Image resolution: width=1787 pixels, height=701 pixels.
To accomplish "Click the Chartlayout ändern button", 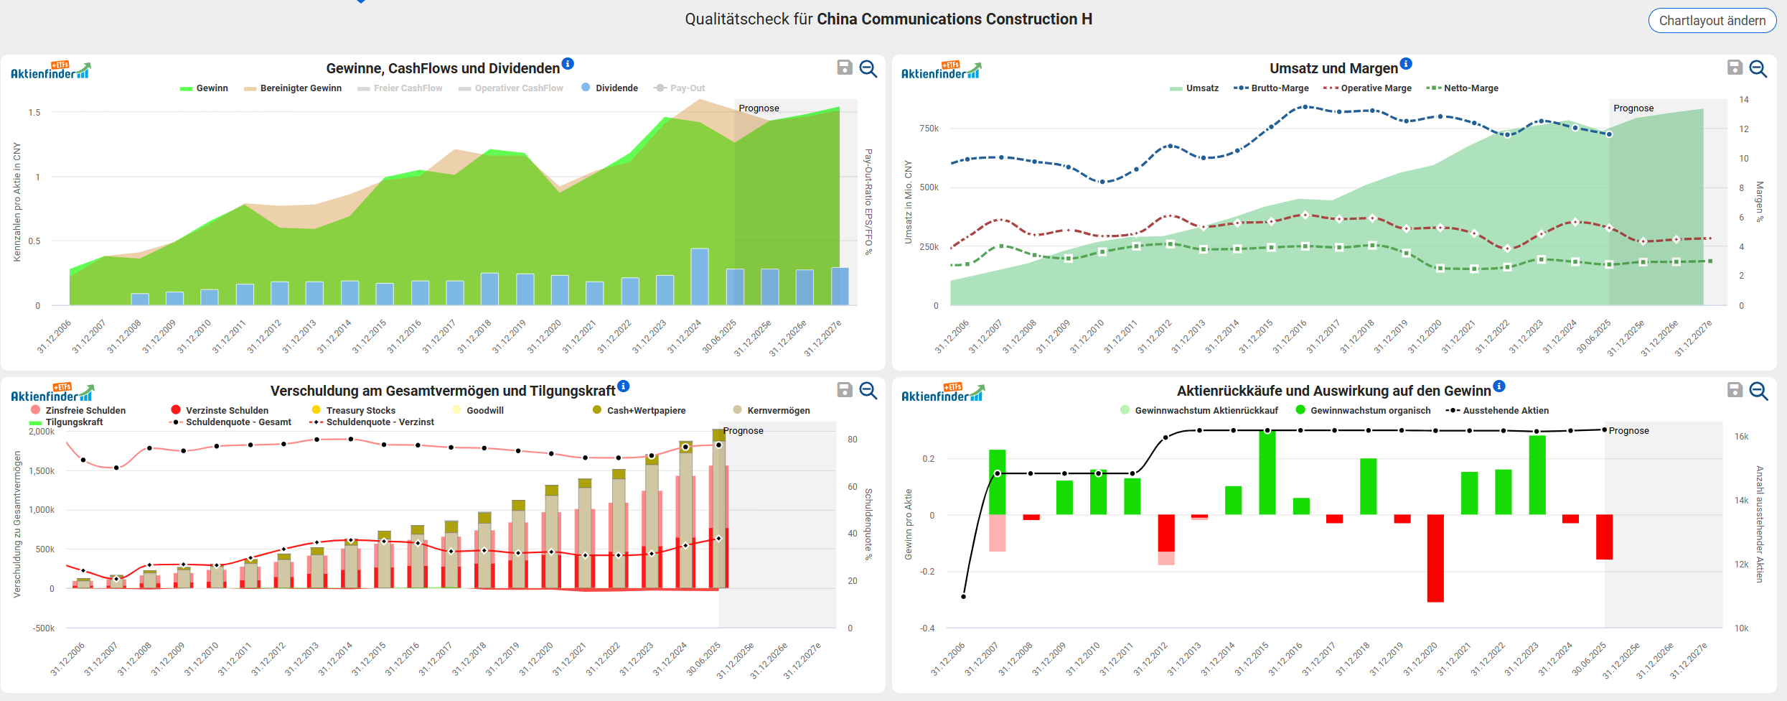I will (1712, 21).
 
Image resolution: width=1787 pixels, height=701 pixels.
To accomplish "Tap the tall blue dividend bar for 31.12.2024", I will (700, 277).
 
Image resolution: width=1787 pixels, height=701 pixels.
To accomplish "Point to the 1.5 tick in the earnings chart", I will (34, 113).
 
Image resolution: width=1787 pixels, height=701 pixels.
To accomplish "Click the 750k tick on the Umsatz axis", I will (929, 129).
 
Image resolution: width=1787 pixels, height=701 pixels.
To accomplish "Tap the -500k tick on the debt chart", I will (43, 628).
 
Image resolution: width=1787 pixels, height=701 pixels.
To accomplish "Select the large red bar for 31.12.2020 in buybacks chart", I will (1435, 557).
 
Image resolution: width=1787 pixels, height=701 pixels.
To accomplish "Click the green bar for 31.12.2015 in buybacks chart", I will (1267, 473).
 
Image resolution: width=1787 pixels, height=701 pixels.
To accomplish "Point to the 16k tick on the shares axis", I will (1741, 437).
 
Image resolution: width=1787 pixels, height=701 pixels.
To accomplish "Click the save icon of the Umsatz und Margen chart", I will (1735, 68).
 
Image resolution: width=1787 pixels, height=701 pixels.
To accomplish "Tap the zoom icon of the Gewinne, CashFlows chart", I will (868, 68).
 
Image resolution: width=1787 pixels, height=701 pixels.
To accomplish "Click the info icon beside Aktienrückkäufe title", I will (1499, 386).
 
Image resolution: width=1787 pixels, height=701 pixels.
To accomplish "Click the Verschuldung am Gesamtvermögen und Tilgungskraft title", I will (442, 391).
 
